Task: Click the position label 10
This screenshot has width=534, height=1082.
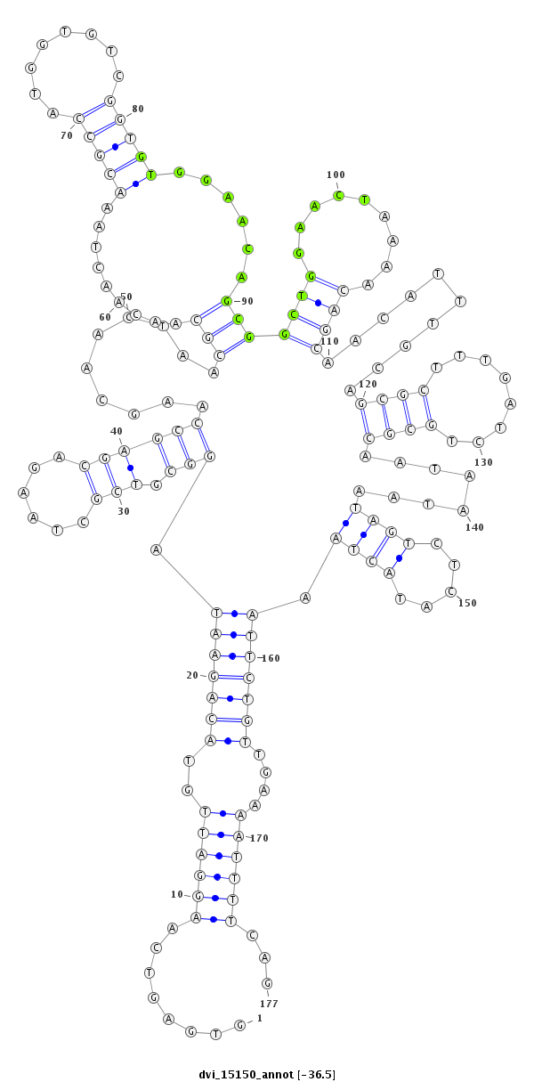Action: click(176, 894)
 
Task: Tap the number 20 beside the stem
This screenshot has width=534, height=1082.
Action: click(192, 675)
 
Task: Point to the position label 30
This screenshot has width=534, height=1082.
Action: click(124, 511)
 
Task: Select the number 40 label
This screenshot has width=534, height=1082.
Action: click(116, 431)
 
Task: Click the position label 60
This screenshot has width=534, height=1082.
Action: click(105, 317)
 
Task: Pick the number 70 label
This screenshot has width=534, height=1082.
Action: click(67, 135)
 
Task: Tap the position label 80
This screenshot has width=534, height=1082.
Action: click(138, 109)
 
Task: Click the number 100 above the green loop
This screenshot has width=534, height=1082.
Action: click(336, 175)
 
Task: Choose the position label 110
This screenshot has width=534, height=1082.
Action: click(329, 341)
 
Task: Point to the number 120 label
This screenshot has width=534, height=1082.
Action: click(368, 384)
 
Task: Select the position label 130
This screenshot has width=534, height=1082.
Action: click(483, 462)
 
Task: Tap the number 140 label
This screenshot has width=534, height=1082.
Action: click(474, 527)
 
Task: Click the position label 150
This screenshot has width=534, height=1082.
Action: click(467, 603)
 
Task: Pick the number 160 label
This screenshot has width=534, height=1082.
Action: click(271, 658)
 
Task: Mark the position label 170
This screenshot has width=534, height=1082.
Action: click(259, 838)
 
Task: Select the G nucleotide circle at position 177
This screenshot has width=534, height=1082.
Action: click(266, 982)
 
